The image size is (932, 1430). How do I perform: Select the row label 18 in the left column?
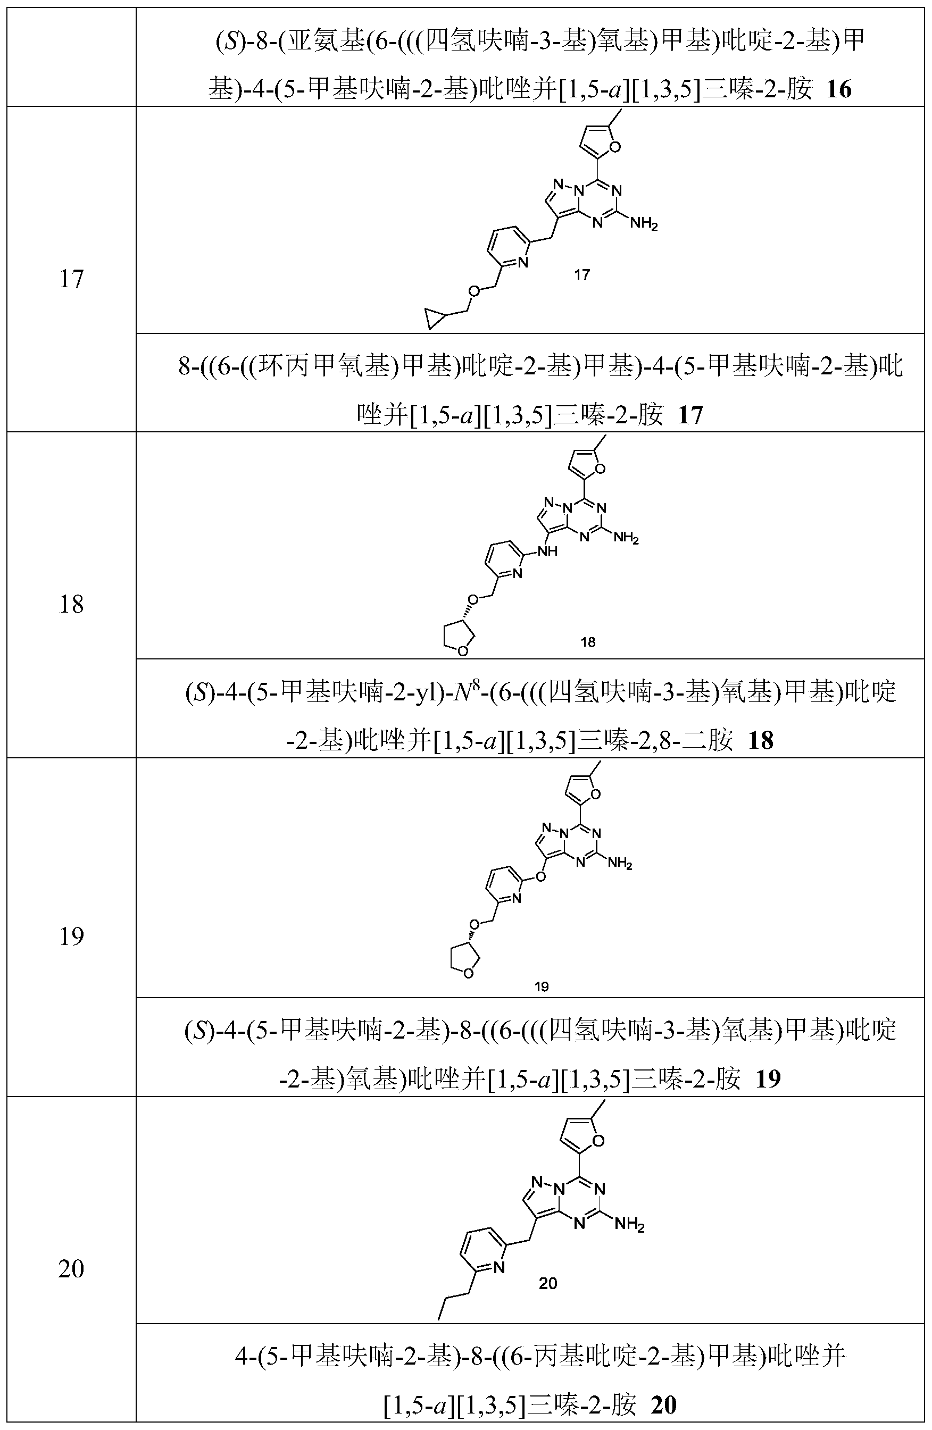tap(71, 605)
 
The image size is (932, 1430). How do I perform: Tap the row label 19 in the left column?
tap(71, 936)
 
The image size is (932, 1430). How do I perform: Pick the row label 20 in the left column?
tap(71, 1269)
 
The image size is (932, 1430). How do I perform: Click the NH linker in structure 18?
tap(548, 550)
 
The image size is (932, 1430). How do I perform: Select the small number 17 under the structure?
tap(581, 274)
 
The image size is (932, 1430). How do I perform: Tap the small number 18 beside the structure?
tap(588, 642)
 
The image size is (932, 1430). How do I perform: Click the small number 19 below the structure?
tap(541, 986)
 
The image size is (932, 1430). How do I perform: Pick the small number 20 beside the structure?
tap(548, 1283)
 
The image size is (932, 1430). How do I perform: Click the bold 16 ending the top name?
tap(839, 90)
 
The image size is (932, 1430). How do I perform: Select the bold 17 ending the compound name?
tap(690, 415)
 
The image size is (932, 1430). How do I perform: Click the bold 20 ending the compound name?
tap(663, 1405)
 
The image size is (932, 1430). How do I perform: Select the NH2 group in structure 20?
tap(629, 1223)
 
